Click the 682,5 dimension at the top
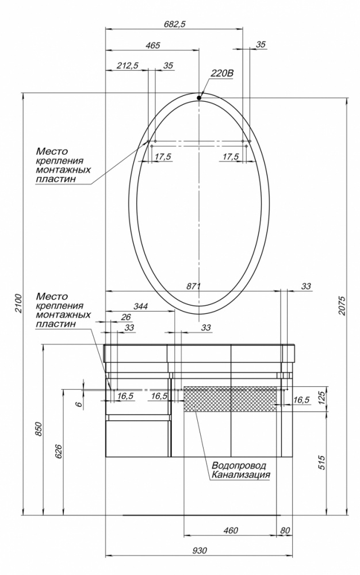(174, 24)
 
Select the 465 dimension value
(153, 45)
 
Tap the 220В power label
(222, 74)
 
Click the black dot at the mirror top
(199, 98)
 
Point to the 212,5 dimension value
(128, 66)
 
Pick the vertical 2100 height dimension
(19, 302)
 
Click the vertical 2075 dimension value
(342, 305)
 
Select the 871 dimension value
(193, 286)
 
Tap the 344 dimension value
(140, 306)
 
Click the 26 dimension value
(126, 317)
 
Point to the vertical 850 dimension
(39, 430)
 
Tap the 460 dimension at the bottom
(231, 530)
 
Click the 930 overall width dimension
(199, 550)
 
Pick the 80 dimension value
(285, 530)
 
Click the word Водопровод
(239, 465)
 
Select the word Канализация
(241, 475)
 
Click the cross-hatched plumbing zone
(230, 399)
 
